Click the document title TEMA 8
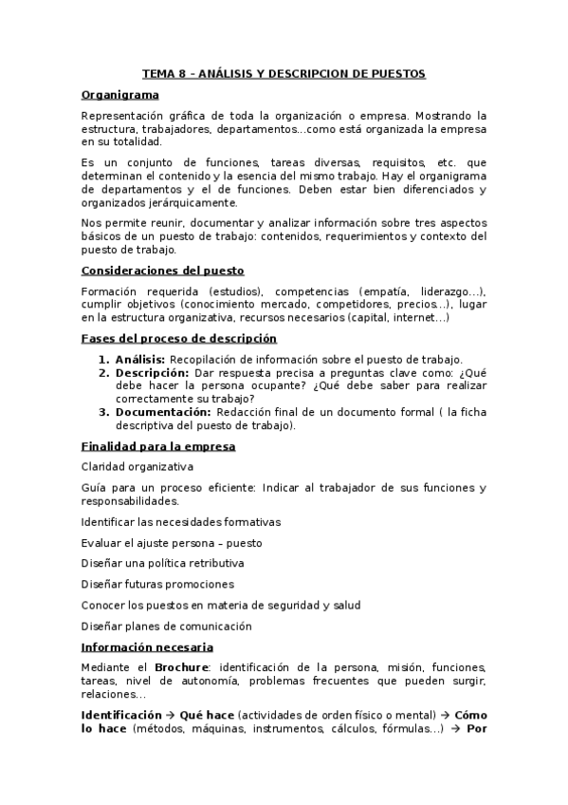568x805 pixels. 284,73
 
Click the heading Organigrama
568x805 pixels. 119,95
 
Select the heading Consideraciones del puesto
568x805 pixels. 163,271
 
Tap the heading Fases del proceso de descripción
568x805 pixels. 179,338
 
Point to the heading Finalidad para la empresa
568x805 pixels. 158,446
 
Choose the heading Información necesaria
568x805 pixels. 153,646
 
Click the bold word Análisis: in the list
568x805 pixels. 140,359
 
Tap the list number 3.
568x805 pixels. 104,412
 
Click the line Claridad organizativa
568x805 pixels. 137,467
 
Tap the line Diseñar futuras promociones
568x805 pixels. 157,584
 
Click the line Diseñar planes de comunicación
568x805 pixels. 166,626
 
